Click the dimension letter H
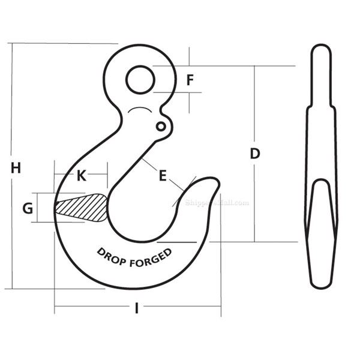[x=16, y=169]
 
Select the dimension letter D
[x=255, y=154]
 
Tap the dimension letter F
[x=190, y=80]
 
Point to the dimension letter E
[x=162, y=175]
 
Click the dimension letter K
[x=82, y=175]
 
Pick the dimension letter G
[x=28, y=208]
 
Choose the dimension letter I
[x=137, y=308]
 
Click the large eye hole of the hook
[x=140, y=79]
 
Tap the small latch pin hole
[x=160, y=127]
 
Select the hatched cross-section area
[x=82, y=207]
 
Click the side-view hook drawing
[x=322, y=168]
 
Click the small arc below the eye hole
[x=141, y=110]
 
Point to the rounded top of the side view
[x=322, y=48]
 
